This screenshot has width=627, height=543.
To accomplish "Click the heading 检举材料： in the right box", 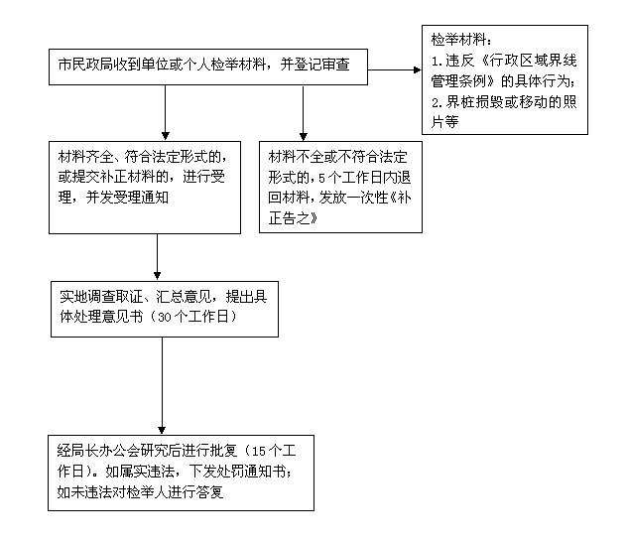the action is (461, 40).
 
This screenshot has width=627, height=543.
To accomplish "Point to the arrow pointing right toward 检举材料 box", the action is (395, 70).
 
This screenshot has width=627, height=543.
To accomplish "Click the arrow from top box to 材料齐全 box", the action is (165, 112).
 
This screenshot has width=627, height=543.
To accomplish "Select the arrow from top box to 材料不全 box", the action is (304, 113).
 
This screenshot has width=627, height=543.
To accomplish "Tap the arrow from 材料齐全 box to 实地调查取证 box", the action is (157, 257).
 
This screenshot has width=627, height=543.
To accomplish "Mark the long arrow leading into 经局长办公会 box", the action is (162, 386).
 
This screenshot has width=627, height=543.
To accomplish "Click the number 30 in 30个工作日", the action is (165, 318).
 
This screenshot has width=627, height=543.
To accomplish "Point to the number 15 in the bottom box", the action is (259, 452).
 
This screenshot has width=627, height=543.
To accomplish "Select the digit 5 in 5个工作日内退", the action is (321, 178).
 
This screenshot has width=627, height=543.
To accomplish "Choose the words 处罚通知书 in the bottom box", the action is (251, 472).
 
